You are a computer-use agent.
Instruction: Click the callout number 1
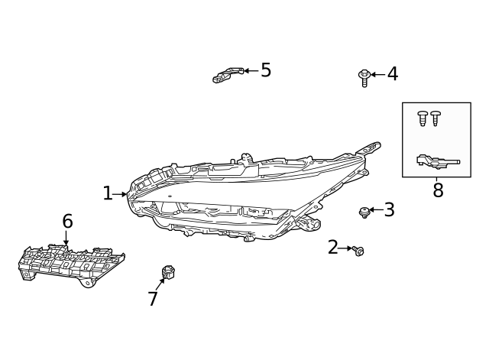click(x=108, y=193)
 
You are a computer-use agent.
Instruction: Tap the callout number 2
click(x=333, y=247)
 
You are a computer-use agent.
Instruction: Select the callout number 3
click(x=389, y=210)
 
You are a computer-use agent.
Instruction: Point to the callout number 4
click(x=392, y=74)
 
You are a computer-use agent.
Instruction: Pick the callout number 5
click(x=266, y=70)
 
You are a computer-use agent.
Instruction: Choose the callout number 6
click(x=67, y=222)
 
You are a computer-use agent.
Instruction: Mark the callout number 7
click(x=153, y=299)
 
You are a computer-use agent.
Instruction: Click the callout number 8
click(x=438, y=191)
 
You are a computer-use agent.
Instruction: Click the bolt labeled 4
click(x=364, y=76)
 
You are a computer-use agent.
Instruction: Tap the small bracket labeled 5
click(x=227, y=74)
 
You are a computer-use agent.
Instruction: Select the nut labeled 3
click(x=364, y=212)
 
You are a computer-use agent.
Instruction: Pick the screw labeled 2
click(x=358, y=251)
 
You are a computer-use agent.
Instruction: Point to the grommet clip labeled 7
click(x=168, y=273)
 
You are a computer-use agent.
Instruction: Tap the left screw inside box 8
click(x=423, y=118)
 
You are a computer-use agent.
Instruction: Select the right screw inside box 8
click(x=436, y=118)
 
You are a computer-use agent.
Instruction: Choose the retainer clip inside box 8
click(x=436, y=161)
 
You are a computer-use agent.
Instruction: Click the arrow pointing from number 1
click(x=121, y=194)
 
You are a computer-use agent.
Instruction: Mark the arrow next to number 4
click(x=377, y=75)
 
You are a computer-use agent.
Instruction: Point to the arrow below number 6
click(x=66, y=238)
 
